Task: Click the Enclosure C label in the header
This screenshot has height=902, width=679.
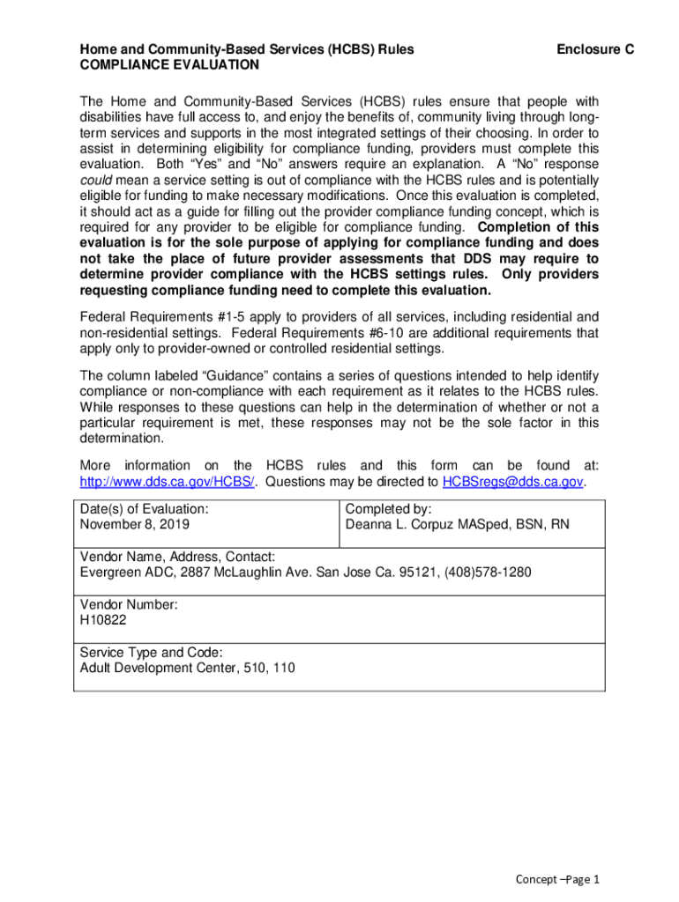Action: pyautogui.click(x=595, y=50)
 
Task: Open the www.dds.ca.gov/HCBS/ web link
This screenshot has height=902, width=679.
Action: pyautogui.click(x=168, y=482)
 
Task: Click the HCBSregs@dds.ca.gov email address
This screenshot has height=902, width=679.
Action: pyautogui.click(x=512, y=482)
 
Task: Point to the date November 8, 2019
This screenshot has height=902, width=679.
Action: pyautogui.click(x=134, y=524)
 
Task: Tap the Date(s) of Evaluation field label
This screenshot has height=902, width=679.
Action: pyautogui.click(x=145, y=508)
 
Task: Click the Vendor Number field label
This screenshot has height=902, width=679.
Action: pyautogui.click(x=129, y=605)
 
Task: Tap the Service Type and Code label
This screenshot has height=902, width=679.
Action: pyautogui.click(x=151, y=653)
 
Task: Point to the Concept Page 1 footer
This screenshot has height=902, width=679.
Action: pyautogui.click(x=557, y=880)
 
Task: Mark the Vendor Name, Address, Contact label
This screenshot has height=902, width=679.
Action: pyautogui.click(x=177, y=557)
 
